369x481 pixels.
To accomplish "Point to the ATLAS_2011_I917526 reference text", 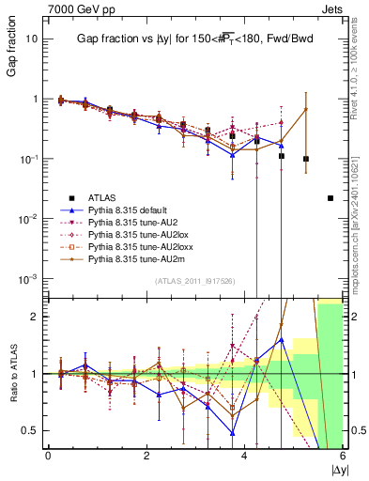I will [193, 283].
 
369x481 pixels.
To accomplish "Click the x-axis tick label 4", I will [245, 456].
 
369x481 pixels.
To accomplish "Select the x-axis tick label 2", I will [146, 456].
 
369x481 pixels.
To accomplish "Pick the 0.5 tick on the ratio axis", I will [32, 430].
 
